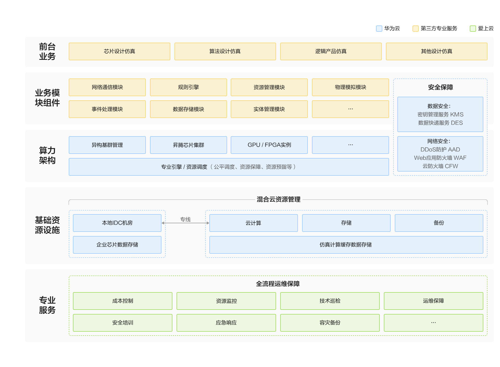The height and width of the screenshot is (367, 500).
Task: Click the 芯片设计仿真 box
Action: (120, 51)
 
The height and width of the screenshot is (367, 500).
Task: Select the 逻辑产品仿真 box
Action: (331, 51)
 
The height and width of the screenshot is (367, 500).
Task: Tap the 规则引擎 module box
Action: (189, 87)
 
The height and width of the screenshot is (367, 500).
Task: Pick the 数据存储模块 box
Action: (189, 109)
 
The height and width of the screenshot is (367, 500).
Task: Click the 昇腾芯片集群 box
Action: (189, 145)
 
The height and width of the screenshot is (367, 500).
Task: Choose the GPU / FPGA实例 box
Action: (269, 145)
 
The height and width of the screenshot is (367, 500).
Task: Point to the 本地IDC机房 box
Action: (117, 223)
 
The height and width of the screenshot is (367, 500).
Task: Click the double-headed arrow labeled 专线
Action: (185, 223)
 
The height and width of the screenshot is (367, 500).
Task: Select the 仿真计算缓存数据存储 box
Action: (346, 245)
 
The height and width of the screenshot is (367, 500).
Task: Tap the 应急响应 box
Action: (226, 323)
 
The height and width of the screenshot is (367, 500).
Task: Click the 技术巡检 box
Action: (330, 301)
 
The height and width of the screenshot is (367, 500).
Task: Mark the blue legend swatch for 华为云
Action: (379, 29)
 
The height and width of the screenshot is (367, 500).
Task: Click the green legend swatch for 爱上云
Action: (473, 29)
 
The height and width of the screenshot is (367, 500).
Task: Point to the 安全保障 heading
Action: (440, 87)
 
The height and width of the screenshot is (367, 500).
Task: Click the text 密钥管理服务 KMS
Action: (440, 114)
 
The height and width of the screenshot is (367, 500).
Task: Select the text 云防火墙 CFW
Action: (440, 166)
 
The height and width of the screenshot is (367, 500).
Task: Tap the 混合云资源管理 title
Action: (278, 199)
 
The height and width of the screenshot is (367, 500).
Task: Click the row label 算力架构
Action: (47, 155)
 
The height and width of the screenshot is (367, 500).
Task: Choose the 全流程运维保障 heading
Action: (278, 284)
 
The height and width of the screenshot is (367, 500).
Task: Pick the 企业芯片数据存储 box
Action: (117, 245)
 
